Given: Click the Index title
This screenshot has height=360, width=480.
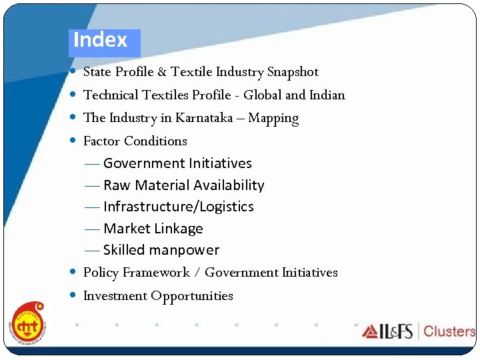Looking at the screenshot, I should tap(100, 40).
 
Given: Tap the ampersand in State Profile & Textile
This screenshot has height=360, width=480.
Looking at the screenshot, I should tap(160, 72).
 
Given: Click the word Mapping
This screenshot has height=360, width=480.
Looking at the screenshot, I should tap(273, 119).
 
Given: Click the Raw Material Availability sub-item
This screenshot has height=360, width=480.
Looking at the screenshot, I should tap(183, 185).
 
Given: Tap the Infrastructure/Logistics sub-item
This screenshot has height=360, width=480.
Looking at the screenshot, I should tap(178, 207).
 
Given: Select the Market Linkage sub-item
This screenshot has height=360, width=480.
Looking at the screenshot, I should tap(153, 229).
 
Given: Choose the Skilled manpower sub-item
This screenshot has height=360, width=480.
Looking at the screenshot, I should tap(161, 250).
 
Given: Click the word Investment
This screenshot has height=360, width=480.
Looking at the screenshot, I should tap(115, 295).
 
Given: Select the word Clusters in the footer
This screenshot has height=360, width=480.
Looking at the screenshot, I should tap(449, 331).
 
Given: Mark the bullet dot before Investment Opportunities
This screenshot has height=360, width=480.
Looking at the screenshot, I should tap(72, 295).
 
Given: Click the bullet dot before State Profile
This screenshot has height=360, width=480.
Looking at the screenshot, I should tap(72, 71).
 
